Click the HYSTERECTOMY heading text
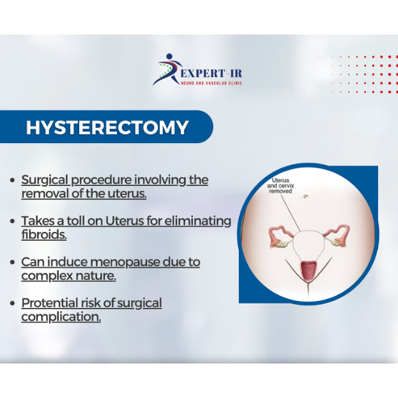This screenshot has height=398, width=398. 107,127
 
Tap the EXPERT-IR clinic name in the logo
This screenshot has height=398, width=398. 211,73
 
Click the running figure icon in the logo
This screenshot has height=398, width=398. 168,69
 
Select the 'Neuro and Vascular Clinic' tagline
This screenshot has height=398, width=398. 211,83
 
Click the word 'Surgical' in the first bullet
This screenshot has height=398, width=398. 45,180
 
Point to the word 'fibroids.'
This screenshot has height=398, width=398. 44,234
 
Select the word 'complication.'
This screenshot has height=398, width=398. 61,317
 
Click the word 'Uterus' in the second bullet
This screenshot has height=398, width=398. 125,221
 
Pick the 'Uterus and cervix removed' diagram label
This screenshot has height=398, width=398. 280,185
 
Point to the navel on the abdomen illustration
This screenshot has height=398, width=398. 307,196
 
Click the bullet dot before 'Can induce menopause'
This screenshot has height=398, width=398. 12,262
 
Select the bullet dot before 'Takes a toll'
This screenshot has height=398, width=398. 12,221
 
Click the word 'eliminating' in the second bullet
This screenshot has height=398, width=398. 198,221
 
